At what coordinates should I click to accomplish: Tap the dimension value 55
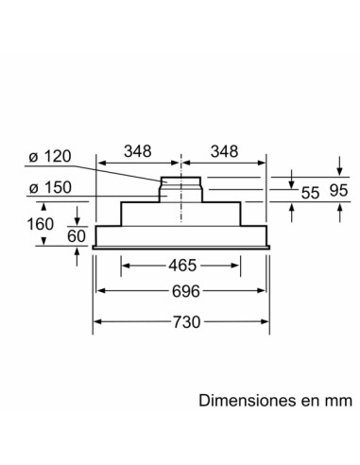(x=310, y=193)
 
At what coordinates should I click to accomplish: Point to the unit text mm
(x=338, y=400)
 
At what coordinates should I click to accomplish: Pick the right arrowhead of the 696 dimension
(x=261, y=292)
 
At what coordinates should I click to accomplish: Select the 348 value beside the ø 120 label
(x=138, y=152)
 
